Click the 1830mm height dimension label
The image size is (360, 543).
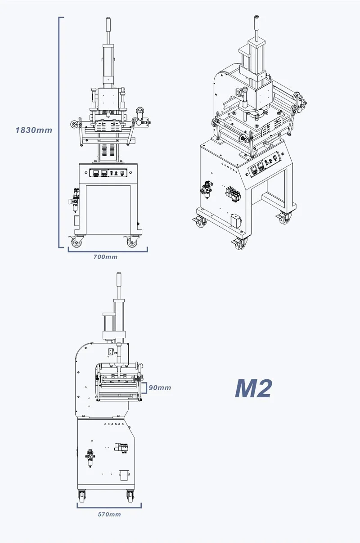tap(34, 130)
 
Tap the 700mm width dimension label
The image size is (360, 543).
tap(105, 257)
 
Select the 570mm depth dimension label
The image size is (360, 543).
tap(109, 514)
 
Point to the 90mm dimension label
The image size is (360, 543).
tap(160, 388)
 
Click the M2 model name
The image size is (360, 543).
tap(253, 388)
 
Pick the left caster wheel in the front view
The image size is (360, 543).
tap(77, 242)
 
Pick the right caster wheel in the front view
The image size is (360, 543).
tap(132, 242)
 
